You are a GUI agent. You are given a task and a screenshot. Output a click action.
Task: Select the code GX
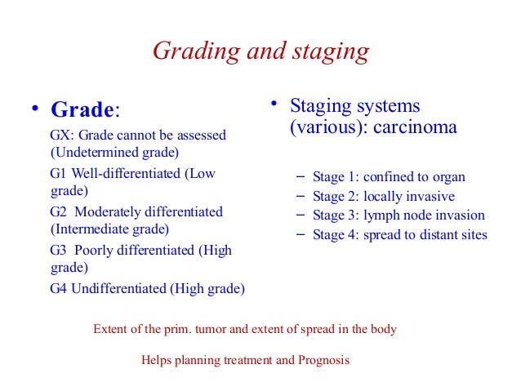coord(60,134)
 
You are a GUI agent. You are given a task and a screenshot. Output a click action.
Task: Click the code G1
coord(59,173)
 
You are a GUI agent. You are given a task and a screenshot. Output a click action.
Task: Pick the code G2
coord(59,211)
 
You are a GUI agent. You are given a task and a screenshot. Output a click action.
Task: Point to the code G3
coord(59,250)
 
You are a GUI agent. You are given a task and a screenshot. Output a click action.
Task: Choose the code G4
coord(59,288)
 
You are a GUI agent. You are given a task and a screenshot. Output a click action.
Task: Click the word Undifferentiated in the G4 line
coord(120,288)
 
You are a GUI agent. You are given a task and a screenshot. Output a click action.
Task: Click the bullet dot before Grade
coord(35,110)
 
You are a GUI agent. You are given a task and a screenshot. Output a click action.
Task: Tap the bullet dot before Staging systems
coord(275,104)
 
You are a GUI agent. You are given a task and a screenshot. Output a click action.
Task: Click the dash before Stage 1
coord(298,176)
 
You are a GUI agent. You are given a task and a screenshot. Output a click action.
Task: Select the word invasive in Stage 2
coord(430,197)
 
